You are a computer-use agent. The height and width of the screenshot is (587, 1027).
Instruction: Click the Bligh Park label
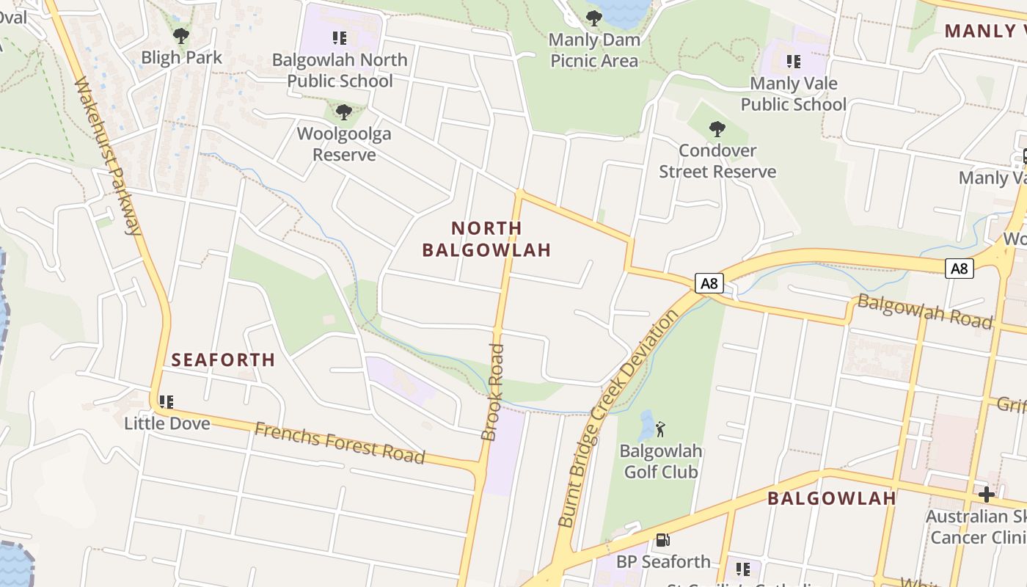click(x=181, y=57)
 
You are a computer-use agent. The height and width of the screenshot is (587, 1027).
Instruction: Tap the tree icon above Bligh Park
click(x=180, y=35)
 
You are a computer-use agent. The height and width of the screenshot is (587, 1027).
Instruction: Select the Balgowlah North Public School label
click(x=340, y=70)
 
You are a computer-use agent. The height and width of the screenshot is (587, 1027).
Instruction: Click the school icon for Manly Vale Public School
click(x=793, y=61)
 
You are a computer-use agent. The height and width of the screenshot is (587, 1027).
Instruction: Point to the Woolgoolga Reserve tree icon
click(x=343, y=112)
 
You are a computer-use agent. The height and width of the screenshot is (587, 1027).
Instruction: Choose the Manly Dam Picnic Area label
click(x=594, y=50)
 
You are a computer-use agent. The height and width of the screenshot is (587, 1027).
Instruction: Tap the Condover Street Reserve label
click(x=717, y=161)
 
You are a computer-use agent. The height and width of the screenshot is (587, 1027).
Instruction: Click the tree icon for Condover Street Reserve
click(x=717, y=129)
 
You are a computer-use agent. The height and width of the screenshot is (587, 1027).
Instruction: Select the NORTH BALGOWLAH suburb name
click(x=486, y=239)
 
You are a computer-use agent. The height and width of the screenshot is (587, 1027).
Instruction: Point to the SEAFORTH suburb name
click(x=223, y=360)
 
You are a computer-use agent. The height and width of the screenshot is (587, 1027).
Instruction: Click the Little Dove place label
click(x=167, y=423)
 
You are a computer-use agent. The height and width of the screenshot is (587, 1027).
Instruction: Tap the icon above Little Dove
click(x=167, y=401)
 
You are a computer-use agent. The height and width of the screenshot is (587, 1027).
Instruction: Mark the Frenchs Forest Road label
click(x=340, y=443)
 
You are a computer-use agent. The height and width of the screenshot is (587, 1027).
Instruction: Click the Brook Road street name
click(x=493, y=392)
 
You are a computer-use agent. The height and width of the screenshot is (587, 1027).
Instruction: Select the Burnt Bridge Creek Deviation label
click(x=618, y=418)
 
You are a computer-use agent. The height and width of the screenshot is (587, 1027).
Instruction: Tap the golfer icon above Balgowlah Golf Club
click(x=660, y=429)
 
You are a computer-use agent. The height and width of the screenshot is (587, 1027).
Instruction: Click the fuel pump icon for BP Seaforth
click(x=662, y=540)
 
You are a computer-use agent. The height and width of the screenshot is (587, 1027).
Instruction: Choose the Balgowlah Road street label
click(x=924, y=311)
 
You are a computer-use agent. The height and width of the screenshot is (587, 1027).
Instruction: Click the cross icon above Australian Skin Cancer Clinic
click(x=987, y=494)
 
